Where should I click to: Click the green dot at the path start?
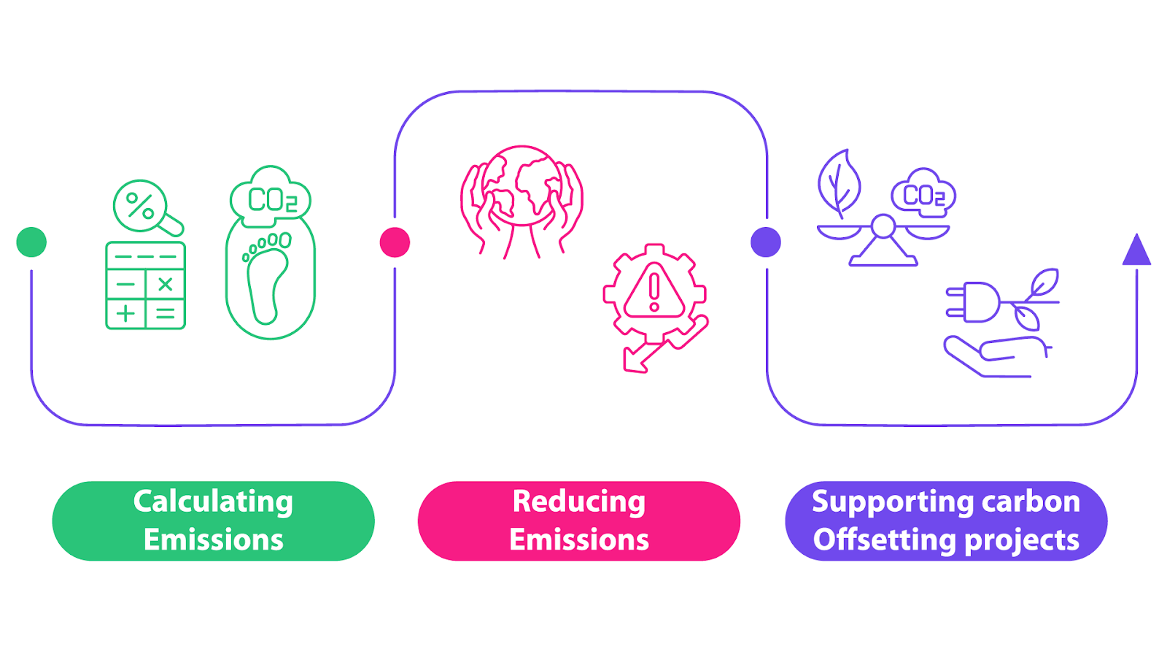[31, 242]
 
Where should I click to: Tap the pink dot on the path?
[395, 242]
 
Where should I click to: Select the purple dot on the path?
[766, 242]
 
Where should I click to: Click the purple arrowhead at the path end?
[1136, 250]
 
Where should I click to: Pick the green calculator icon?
[146, 285]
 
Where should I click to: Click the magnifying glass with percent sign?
[142, 206]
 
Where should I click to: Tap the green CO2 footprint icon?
[271, 253]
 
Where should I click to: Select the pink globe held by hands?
[522, 187]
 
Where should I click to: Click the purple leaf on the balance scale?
[839, 182]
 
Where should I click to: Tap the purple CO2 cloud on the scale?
[923, 193]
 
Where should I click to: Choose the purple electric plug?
[974, 302]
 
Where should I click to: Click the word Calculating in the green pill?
[213, 502]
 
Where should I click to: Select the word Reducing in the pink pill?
[579, 502]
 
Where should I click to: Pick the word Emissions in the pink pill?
[579, 540]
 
